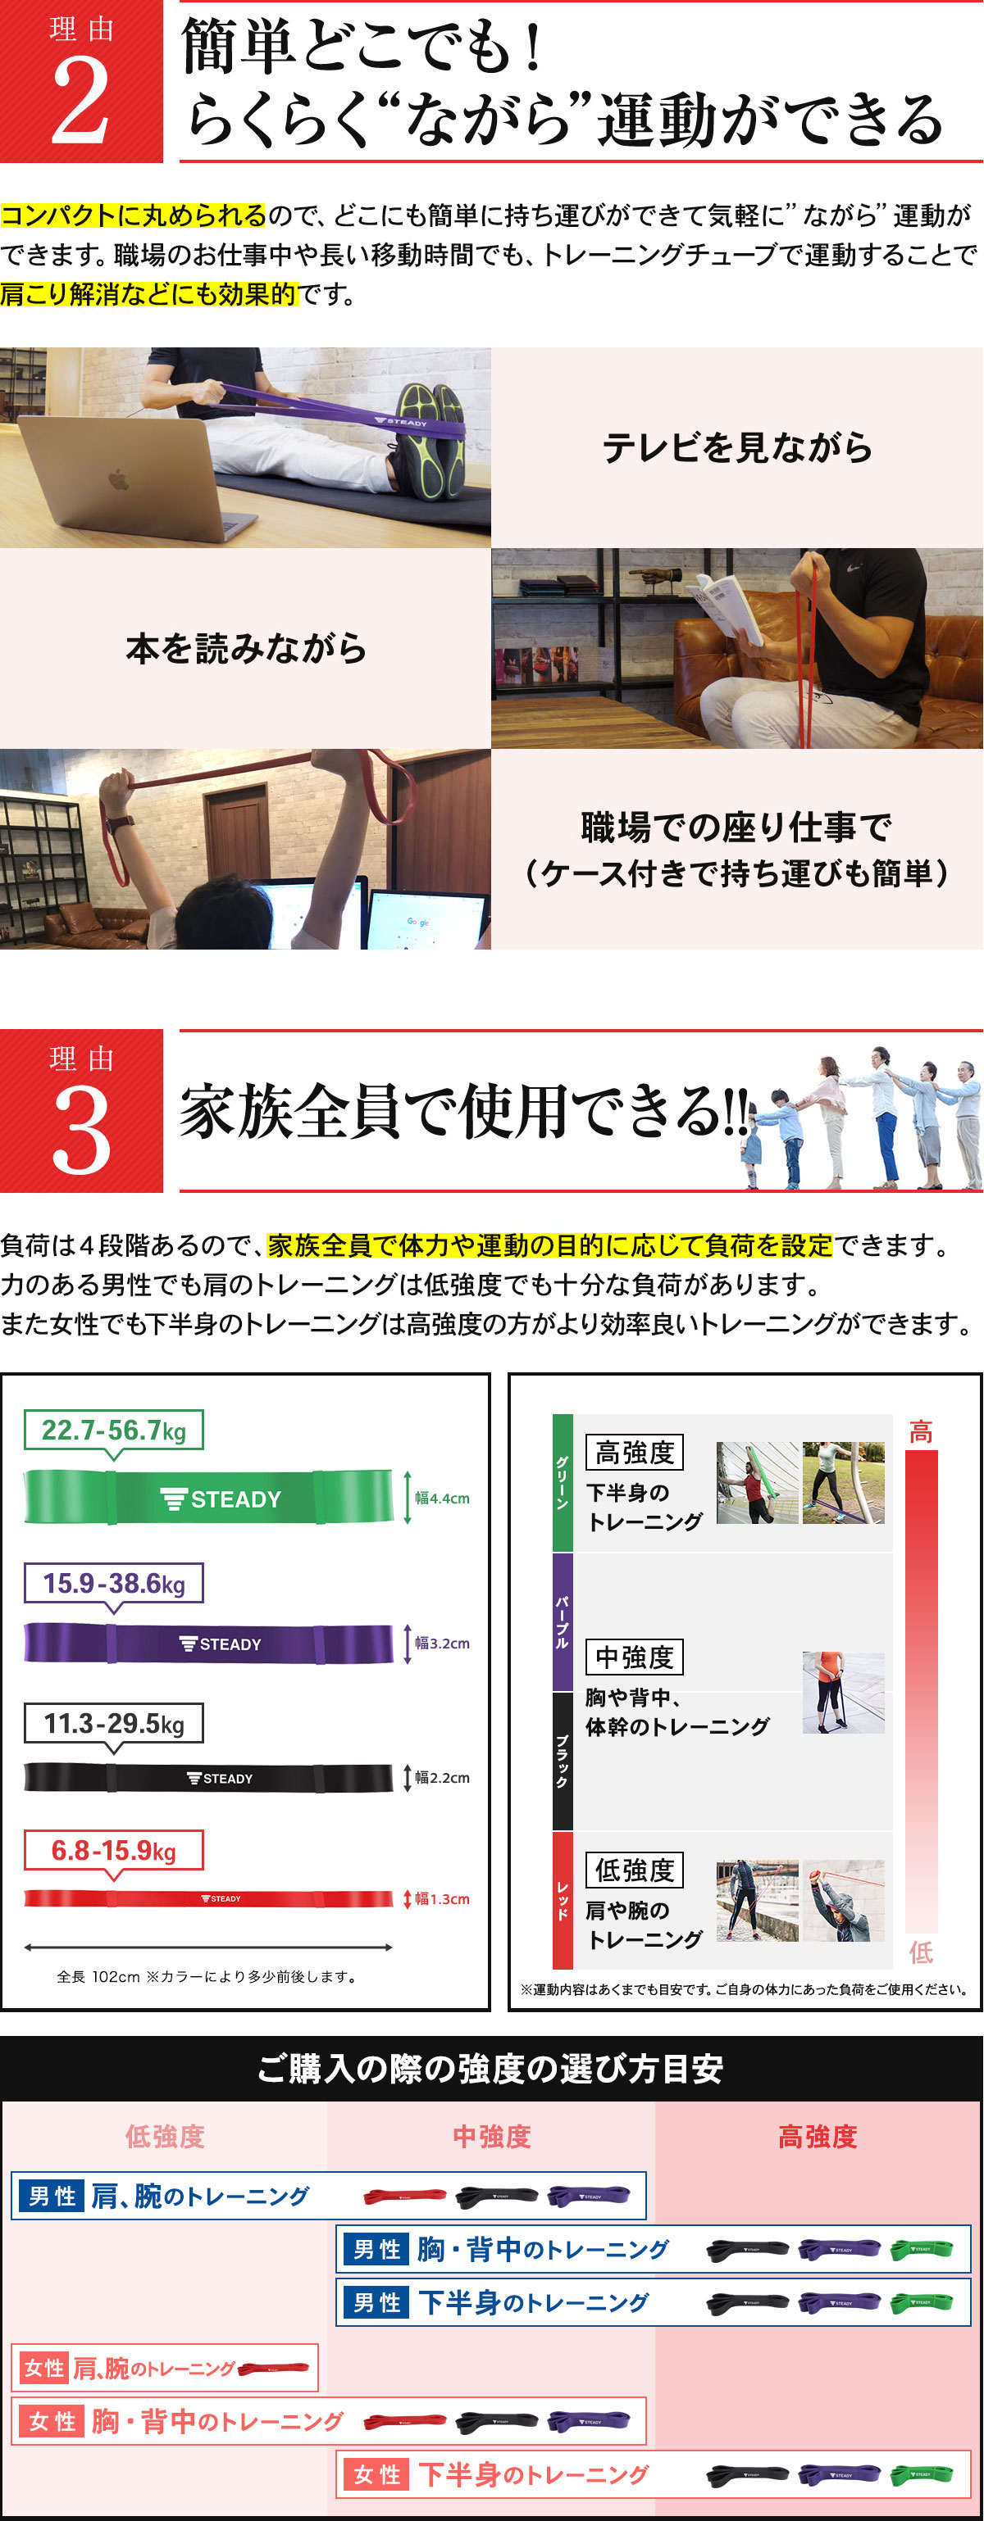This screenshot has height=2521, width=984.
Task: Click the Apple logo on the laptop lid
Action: (118, 479)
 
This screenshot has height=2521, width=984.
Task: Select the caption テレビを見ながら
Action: (736, 447)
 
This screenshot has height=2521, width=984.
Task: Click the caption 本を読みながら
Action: (246, 648)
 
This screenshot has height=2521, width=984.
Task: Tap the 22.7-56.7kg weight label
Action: (114, 1430)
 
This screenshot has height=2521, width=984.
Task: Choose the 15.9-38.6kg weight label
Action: (114, 1582)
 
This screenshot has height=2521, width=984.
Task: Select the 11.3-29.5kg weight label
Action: (114, 1723)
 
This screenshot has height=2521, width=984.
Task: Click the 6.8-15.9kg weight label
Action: (114, 1851)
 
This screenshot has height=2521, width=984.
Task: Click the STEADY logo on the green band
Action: (221, 1499)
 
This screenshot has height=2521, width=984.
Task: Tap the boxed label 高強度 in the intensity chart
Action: (635, 1453)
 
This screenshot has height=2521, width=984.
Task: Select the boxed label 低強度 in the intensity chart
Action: (635, 1870)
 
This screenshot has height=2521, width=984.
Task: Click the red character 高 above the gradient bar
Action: (920, 1432)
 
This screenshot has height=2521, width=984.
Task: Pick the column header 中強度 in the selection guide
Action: (491, 2137)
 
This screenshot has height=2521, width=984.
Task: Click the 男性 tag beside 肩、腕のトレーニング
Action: (52, 2196)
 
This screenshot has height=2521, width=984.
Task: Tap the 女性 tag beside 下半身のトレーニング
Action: (377, 2475)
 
